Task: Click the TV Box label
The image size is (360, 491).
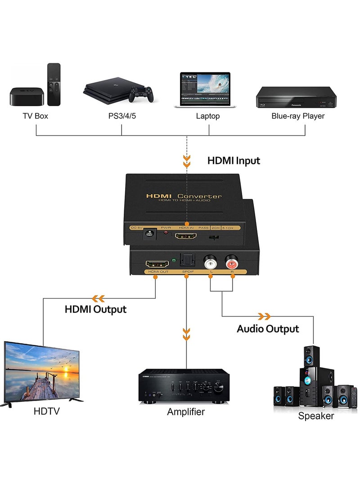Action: click(x=36, y=116)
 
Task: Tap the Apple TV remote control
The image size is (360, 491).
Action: click(x=54, y=84)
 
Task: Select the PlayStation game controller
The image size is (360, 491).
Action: click(x=141, y=94)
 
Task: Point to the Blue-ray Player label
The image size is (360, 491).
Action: click(x=297, y=116)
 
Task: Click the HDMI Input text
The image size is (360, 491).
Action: click(x=234, y=161)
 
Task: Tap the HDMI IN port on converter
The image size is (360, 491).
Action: click(x=186, y=235)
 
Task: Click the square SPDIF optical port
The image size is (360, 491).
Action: click(x=186, y=261)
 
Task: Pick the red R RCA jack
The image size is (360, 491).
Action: click(x=232, y=261)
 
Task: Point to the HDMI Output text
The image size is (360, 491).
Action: click(x=95, y=310)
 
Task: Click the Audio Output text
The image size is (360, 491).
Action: click(x=268, y=329)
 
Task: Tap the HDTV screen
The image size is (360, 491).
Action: click(x=42, y=372)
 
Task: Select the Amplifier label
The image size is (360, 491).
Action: click(x=186, y=412)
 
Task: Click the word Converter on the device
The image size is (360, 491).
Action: click(x=199, y=196)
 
